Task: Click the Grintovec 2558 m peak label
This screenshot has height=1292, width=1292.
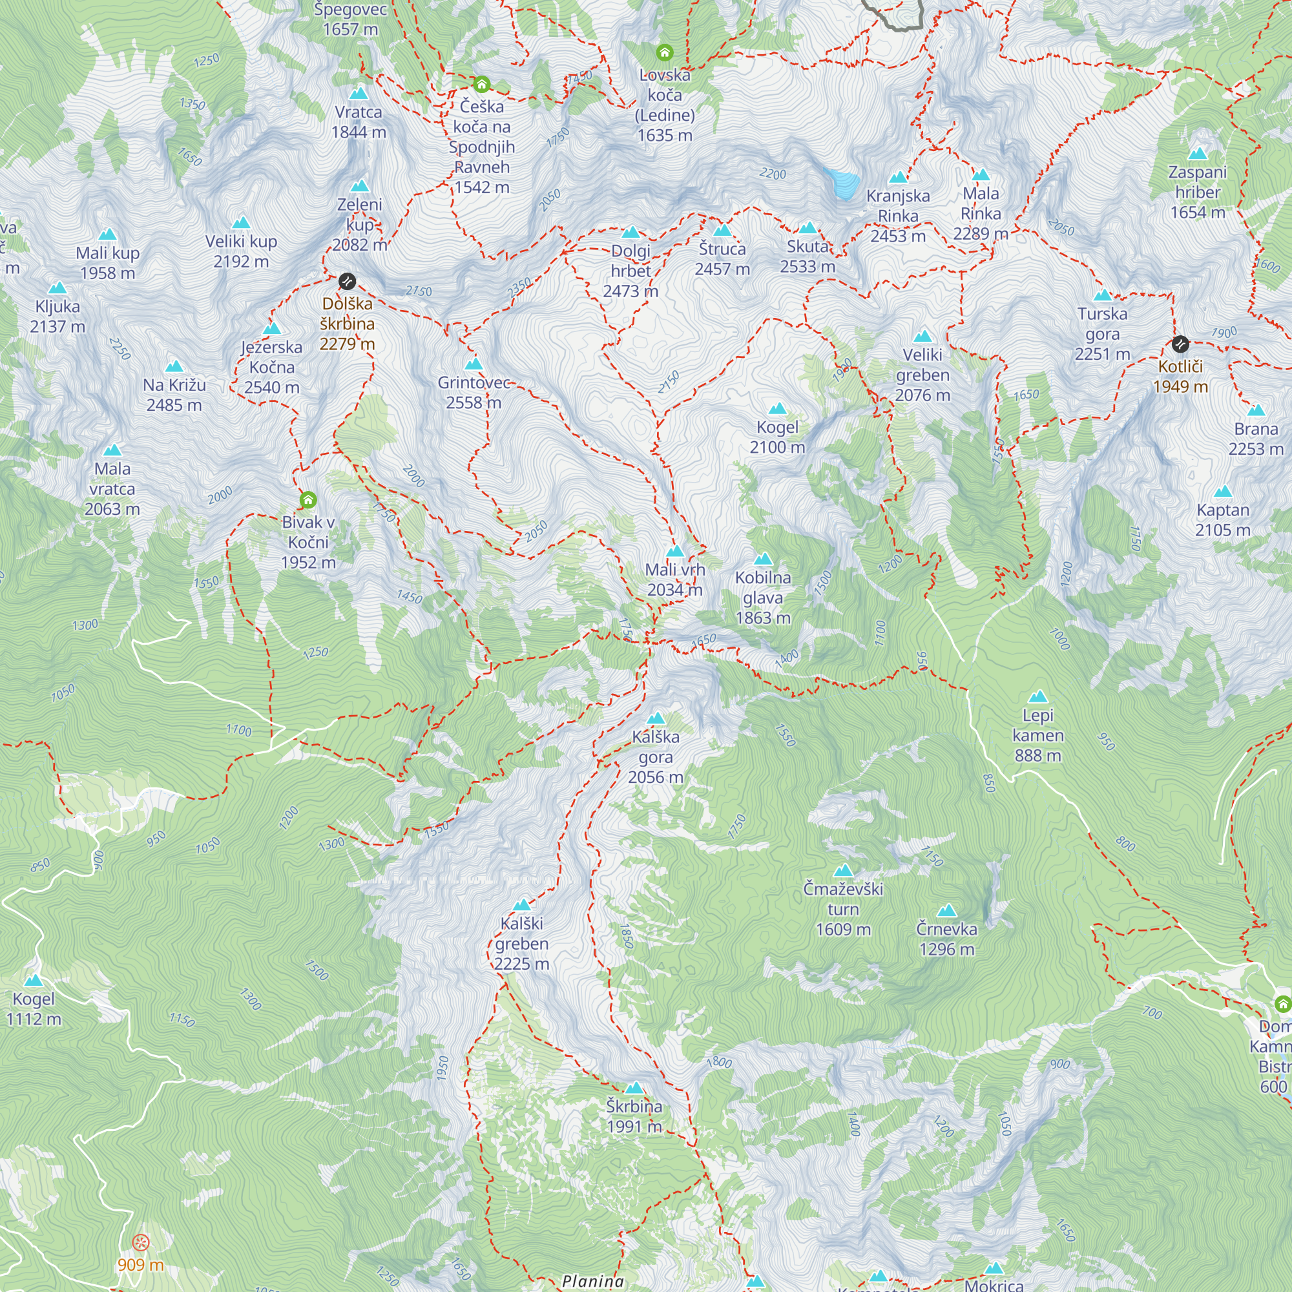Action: (474, 393)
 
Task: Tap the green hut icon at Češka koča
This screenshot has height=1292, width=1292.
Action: (481, 85)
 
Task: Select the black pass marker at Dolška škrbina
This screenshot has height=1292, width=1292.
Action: (346, 282)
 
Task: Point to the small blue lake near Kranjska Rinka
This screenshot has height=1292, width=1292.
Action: (843, 183)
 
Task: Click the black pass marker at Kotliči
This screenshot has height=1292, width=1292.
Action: (1180, 344)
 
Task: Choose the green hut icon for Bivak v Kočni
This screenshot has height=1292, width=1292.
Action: (307, 499)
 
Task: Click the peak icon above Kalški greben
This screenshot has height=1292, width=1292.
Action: (521, 906)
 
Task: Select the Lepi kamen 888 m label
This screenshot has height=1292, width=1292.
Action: (1037, 735)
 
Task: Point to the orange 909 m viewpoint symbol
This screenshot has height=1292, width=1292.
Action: (140, 1243)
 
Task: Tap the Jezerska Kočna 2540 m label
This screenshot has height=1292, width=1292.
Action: (271, 367)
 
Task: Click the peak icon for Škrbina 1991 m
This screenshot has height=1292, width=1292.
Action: (634, 1088)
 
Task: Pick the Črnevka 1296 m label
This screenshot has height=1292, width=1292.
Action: (946, 939)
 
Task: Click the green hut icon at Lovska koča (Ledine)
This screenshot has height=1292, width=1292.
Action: (664, 52)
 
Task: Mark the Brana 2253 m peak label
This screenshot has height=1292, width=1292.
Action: (1255, 439)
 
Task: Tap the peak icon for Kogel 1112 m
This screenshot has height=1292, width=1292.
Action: (34, 981)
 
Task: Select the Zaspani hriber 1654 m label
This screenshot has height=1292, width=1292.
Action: (1197, 192)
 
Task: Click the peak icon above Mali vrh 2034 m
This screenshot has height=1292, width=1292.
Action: (675, 552)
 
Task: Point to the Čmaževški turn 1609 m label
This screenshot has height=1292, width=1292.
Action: (842, 909)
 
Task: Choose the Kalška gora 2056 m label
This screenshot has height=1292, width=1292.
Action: (655, 757)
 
